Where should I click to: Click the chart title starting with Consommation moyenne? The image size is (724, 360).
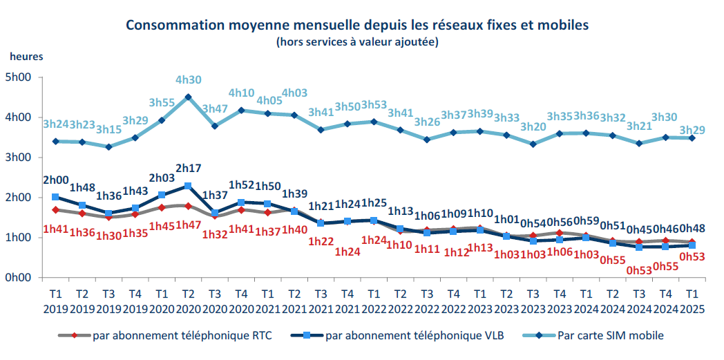tap(357, 26)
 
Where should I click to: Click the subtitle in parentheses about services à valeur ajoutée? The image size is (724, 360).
tap(357, 42)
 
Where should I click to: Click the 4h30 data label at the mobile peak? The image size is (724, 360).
tap(188, 80)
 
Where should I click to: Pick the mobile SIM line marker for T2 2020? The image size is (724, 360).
tap(188, 97)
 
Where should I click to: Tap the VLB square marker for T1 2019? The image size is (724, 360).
tap(56, 197)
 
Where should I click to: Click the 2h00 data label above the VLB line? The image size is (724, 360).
tap(56, 180)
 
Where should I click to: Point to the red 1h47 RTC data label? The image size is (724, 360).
tap(188, 224)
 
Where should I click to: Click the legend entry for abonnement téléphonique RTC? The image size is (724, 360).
tap(182, 336)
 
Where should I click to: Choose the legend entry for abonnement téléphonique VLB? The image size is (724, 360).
tap(415, 336)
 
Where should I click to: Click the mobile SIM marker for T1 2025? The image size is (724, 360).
tap(692, 138)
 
